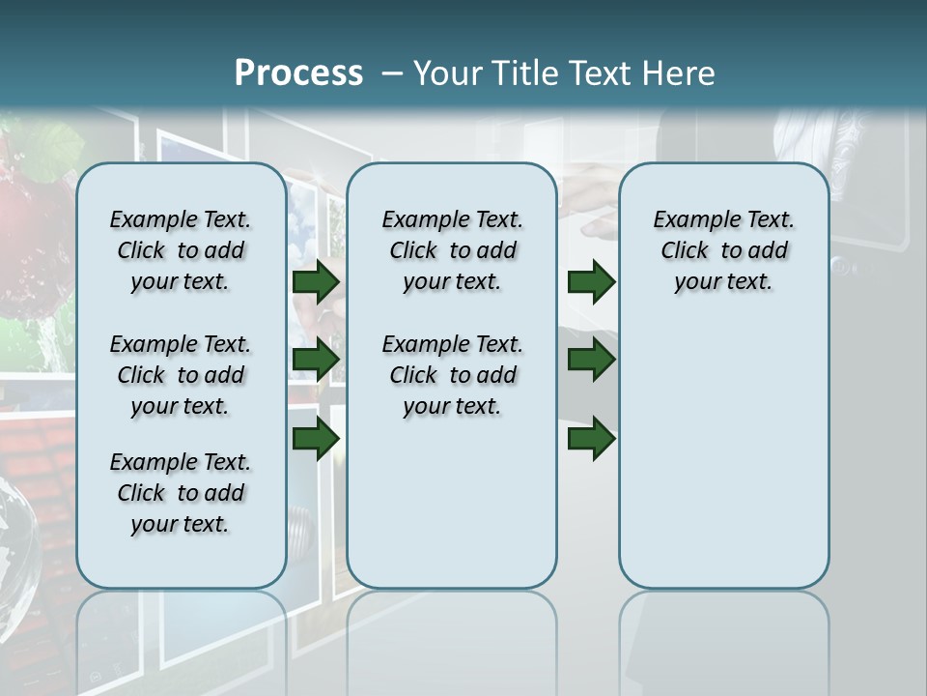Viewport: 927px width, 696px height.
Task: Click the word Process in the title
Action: (298, 73)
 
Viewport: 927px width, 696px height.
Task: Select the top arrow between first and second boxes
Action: (316, 281)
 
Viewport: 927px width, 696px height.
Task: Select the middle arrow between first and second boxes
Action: (316, 360)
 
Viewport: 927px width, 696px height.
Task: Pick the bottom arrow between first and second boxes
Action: (316, 438)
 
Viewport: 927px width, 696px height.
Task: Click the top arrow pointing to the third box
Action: (591, 281)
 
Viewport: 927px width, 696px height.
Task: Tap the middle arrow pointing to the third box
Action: (591, 360)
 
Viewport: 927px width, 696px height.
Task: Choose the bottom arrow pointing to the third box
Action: (591, 438)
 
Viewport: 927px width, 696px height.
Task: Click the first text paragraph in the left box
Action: (181, 250)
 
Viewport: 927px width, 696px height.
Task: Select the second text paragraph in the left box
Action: (181, 375)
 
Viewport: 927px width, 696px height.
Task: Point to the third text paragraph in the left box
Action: (181, 493)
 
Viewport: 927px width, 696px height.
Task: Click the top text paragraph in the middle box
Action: (452, 250)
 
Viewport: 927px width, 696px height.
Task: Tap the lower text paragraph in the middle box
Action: (452, 375)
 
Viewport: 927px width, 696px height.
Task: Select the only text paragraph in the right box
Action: (723, 250)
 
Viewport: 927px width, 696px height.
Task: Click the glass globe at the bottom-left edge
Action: (17, 541)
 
